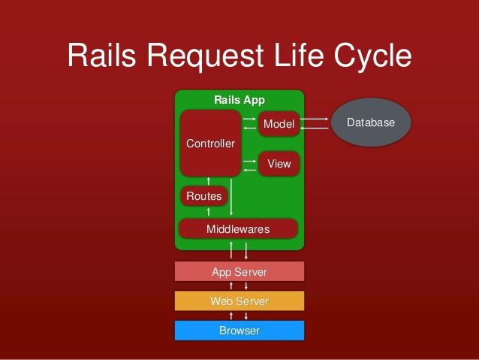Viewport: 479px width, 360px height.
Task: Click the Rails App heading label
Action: [x=239, y=100]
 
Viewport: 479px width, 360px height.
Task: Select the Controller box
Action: [x=210, y=144]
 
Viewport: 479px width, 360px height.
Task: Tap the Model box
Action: [x=279, y=124]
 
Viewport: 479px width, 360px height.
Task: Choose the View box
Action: [x=279, y=164]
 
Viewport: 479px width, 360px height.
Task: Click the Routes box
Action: [x=203, y=196]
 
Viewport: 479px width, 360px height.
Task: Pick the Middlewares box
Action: [x=238, y=228]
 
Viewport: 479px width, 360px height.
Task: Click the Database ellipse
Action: [x=371, y=123]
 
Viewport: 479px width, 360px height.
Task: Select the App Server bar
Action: [x=239, y=271]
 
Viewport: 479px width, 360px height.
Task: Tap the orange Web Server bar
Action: [x=239, y=301]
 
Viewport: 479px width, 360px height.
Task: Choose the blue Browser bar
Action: [x=239, y=331]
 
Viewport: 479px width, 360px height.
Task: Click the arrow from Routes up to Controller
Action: [x=208, y=180]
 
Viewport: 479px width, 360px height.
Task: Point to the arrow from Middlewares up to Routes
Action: [x=208, y=212]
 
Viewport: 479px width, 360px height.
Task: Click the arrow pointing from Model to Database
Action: [x=315, y=119]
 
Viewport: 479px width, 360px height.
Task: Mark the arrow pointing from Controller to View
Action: [x=250, y=159]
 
